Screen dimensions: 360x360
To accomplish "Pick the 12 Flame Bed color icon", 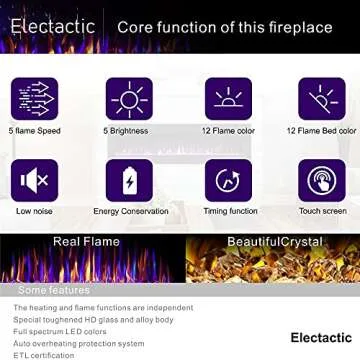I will (x=320, y=98).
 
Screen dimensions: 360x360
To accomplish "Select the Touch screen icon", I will (x=320, y=180).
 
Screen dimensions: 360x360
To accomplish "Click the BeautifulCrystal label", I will (x=275, y=242).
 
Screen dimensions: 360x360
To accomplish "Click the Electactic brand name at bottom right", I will (x=321, y=337).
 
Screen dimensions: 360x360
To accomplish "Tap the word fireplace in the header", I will (x=298, y=28).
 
